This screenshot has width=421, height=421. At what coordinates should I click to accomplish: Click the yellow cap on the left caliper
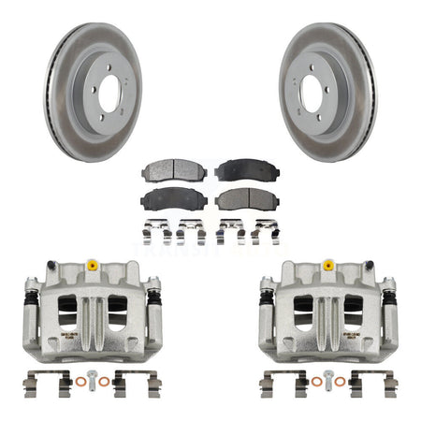[x=92, y=267]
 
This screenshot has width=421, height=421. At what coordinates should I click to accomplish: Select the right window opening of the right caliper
[x=355, y=313]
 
